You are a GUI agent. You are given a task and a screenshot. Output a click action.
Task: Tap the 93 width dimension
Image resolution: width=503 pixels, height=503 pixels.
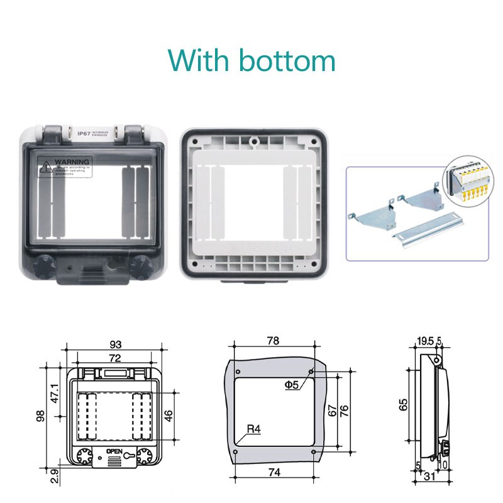coord(115,344)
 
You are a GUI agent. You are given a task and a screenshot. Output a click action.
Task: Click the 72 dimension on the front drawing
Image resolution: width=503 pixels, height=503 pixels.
coord(115,358)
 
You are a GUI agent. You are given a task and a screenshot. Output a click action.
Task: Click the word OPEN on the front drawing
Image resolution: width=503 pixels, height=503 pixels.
coord(114,451)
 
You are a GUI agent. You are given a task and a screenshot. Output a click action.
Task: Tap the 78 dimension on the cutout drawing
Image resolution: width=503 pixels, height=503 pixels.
coord(273,341)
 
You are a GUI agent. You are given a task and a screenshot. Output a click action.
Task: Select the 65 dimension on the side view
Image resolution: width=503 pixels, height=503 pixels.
coord(403,402)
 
